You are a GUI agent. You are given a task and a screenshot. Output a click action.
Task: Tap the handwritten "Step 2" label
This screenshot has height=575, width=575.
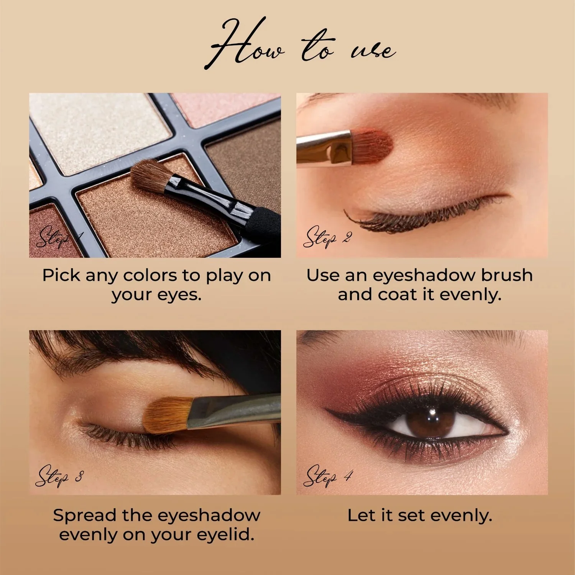(x=327, y=237)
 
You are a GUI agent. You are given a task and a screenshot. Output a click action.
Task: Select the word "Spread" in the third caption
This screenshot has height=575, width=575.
(x=85, y=515)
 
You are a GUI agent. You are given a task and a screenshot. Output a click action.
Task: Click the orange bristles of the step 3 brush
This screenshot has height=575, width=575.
(x=166, y=415)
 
